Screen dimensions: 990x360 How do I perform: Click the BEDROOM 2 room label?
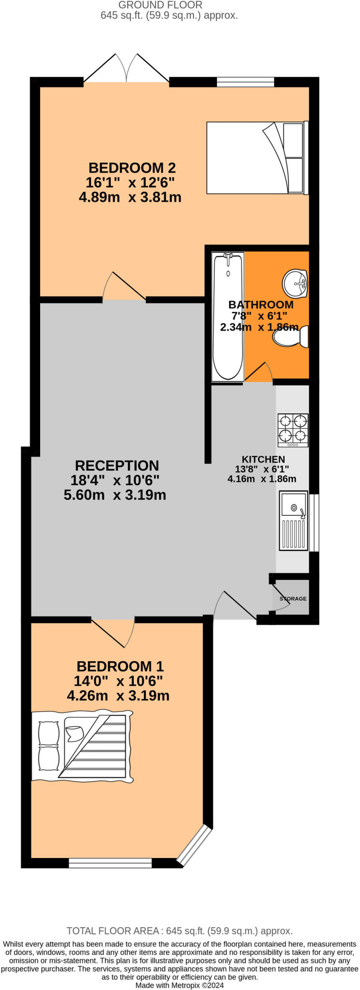(x=132, y=168)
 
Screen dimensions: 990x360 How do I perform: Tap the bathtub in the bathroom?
(x=228, y=317)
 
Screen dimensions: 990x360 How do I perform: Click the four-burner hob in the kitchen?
(x=293, y=430)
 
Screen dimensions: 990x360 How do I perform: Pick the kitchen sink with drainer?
(x=293, y=521)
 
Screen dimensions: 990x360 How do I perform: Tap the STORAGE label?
(x=293, y=598)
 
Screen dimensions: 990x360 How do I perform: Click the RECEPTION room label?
(x=117, y=466)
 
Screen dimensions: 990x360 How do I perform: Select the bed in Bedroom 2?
(x=257, y=158)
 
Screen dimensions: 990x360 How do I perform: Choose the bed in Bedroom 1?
(x=82, y=746)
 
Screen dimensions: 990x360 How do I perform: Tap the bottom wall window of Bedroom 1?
(x=110, y=863)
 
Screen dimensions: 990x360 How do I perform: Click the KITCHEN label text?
(x=263, y=459)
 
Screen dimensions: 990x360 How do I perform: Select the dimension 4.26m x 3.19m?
(x=118, y=696)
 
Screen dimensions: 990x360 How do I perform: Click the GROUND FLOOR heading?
(x=160, y=5)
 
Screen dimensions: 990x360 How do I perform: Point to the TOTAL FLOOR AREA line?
(x=179, y=931)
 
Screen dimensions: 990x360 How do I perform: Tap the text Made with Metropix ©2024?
(x=179, y=985)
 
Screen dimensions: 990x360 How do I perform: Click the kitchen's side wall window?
(x=315, y=522)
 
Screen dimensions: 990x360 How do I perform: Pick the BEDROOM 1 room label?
(x=120, y=666)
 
